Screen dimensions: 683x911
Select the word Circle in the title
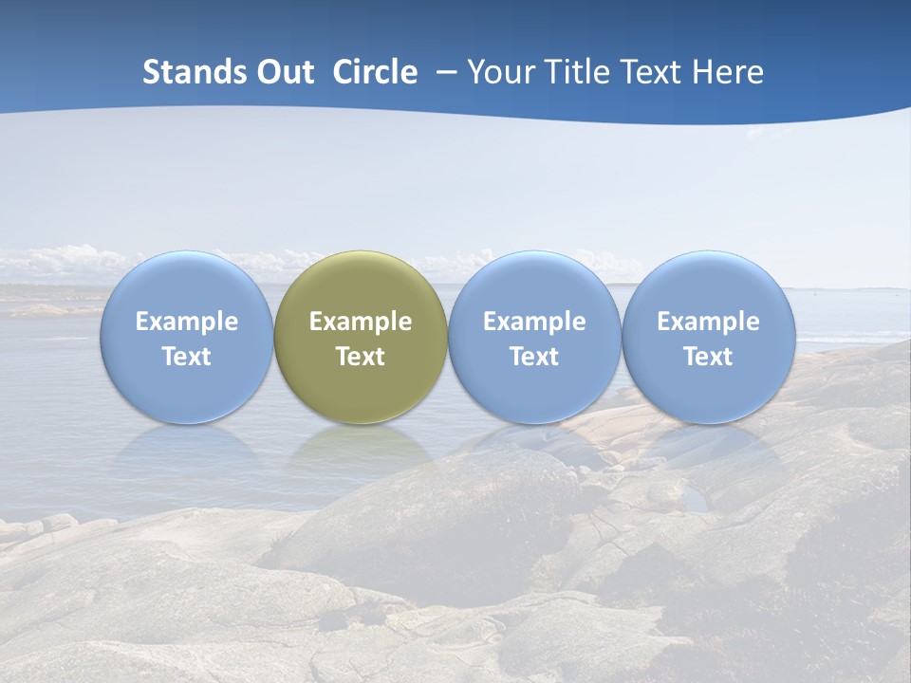[375, 72]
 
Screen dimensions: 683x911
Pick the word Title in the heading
[573, 72]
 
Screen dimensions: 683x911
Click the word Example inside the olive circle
[361, 322]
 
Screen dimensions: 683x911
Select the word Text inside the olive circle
[361, 357]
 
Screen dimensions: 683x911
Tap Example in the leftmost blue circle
[187, 322]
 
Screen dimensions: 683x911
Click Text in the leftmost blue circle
[187, 357]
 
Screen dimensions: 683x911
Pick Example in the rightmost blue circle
[708, 322]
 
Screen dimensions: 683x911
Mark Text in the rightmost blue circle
[708, 357]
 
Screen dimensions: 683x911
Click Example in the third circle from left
[534, 322]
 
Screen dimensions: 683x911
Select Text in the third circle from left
[534, 357]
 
